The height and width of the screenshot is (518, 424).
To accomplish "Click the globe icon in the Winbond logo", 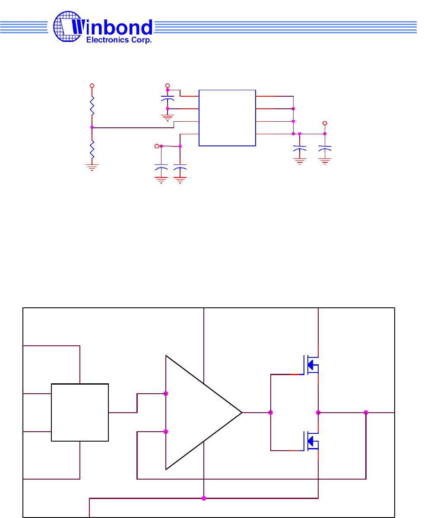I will click(x=66, y=26).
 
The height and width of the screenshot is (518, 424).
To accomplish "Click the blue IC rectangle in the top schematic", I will click(x=227, y=118).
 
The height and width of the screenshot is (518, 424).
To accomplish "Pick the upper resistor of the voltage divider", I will click(x=92, y=106).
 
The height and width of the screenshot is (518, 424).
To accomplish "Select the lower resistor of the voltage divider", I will click(x=92, y=149).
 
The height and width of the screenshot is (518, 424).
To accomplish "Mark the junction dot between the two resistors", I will click(x=92, y=127).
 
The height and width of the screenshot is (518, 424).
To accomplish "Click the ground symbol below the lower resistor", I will click(x=92, y=167).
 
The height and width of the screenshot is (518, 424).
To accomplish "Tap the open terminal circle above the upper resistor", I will click(x=92, y=86).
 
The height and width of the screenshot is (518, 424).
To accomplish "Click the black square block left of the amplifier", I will click(x=80, y=412).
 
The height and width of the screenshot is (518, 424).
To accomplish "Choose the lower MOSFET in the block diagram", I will click(x=311, y=441).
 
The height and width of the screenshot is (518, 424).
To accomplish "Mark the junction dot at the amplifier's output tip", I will click(x=271, y=413).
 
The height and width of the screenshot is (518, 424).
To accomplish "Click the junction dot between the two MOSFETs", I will click(x=318, y=413).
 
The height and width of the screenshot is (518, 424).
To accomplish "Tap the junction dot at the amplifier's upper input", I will click(x=166, y=394).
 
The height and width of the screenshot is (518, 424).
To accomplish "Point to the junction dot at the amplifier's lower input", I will click(x=166, y=432).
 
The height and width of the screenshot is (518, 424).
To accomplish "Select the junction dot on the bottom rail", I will click(x=204, y=498).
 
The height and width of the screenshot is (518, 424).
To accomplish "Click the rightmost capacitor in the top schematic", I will click(x=325, y=148).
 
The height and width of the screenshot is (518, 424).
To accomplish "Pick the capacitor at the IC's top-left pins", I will click(x=168, y=99).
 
